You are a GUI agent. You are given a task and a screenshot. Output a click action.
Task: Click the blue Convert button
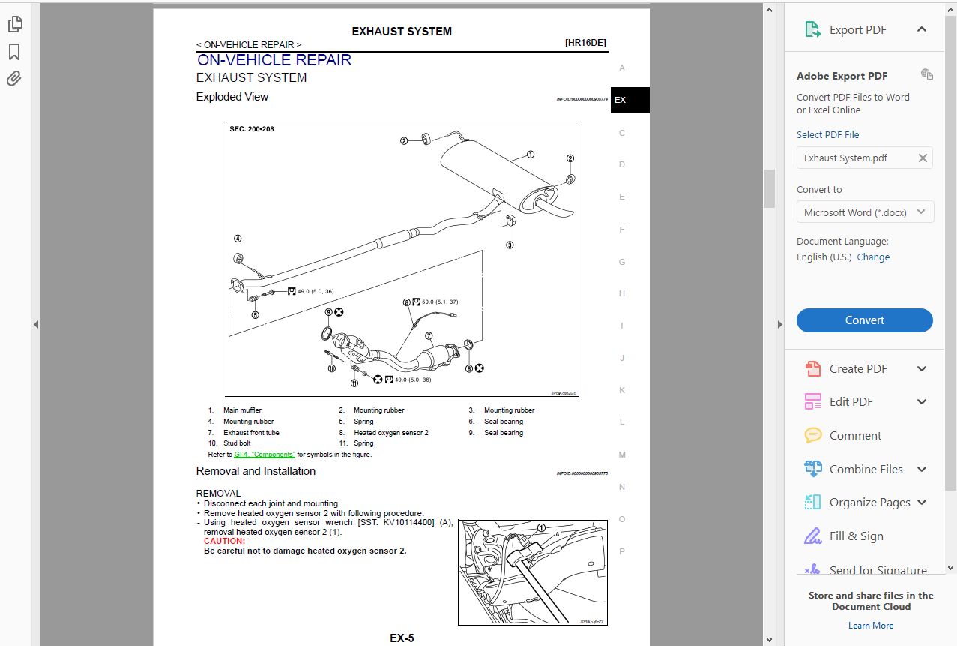click(864, 320)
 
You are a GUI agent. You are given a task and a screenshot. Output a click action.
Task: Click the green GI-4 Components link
click(264, 455)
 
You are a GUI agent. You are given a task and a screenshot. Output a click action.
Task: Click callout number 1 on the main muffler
click(531, 155)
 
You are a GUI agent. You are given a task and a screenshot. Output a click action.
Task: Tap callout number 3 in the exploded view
click(510, 245)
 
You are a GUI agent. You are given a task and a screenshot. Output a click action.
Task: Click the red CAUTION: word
click(224, 541)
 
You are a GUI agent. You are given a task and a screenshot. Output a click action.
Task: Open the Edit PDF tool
click(851, 402)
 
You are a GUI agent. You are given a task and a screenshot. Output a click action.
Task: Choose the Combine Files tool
click(866, 470)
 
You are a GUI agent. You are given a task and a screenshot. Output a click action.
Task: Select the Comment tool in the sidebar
click(855, 436)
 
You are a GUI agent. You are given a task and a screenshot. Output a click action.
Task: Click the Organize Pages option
click(869, 503)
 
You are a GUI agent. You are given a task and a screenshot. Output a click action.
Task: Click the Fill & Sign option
click(856, 536)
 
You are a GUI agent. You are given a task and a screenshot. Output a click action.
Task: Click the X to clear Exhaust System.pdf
click(923, 158)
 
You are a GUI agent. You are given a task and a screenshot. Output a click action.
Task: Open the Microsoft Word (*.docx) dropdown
click(864, 212)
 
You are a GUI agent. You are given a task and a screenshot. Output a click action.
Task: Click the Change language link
click(873, 257)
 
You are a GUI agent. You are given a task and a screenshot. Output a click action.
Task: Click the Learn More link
click(870, 626)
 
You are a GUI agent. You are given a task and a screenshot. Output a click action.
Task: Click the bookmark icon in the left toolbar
click(14, 52)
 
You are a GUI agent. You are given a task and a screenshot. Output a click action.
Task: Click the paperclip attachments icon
click(14, 79)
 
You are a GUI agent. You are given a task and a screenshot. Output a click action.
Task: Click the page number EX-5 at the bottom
click(402, 638)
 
